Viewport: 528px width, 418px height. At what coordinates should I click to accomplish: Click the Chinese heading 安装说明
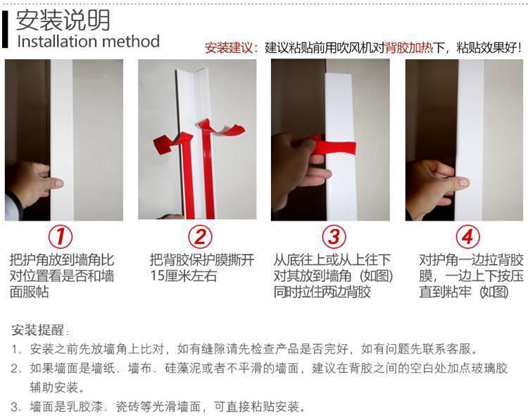click(x=63, y=20)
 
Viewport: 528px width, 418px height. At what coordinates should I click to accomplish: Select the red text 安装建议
click(x=229, y=48)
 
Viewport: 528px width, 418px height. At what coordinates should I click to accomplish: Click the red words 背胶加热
click(x=409, y=48)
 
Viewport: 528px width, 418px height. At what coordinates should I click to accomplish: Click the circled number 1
click(x=61, y=236)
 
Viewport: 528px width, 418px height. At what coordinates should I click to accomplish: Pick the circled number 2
click(x=201, y=236)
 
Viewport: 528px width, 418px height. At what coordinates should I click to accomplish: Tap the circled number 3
click(x=334, y=236)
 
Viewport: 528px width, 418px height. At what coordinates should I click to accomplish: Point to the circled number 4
click(x=467, y=236)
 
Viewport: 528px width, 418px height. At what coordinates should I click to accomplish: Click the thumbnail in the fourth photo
click(x=464, y=183)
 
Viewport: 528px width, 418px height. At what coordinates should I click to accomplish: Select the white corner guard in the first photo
click(x=62, y=140)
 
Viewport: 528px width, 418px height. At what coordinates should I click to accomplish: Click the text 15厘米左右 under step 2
click(x=184, y=276)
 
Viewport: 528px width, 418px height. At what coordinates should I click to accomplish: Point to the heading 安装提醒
click(x=37, y=330)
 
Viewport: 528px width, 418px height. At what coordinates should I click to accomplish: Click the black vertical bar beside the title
click(x=5, y=30)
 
